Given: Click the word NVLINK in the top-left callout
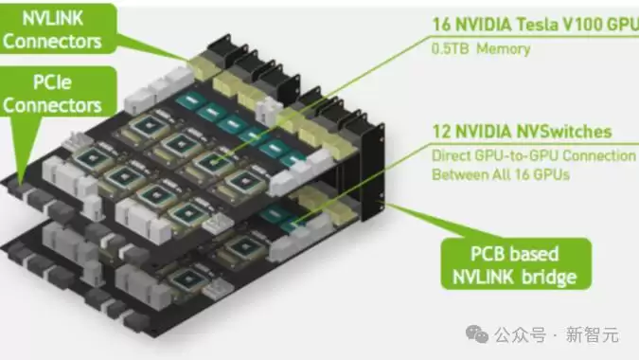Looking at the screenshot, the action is coord(53,19).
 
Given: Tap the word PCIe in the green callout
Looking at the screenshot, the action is coord(52,82).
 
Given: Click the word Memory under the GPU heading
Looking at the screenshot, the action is coord(504,49).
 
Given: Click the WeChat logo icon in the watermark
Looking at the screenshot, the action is coord(477,334).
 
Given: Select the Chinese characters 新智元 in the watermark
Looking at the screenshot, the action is coord(592,335).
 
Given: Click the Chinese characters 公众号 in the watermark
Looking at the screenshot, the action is coord(520,335).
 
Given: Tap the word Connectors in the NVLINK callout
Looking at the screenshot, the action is coord(52,42).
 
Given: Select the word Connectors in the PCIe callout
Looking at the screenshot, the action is coord(52,105).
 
